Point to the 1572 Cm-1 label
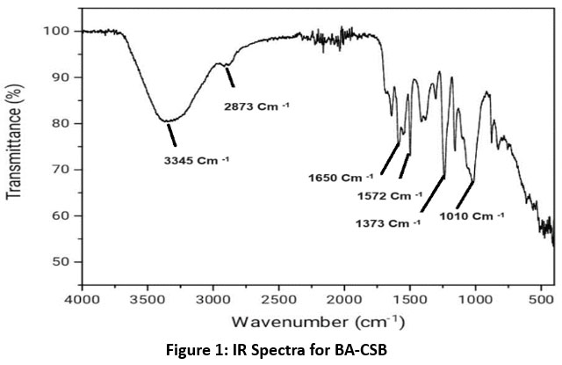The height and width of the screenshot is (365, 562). pyautogui.click(x=393, y=194)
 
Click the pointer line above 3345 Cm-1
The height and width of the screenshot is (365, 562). pyautogui.click(x=172, y=134)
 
